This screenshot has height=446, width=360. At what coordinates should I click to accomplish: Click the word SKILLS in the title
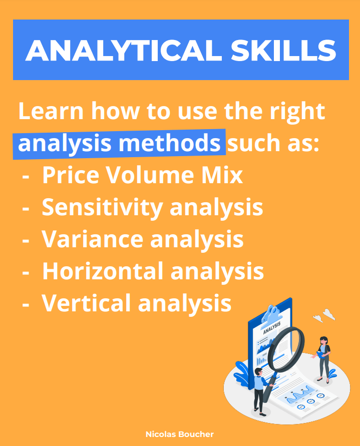click(283, 50)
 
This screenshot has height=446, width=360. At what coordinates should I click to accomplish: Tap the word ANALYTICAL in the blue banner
click(124, 50)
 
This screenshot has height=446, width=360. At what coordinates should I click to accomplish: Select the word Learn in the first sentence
click(51, 111)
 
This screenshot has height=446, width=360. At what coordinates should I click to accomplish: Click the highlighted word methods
click(169, 143)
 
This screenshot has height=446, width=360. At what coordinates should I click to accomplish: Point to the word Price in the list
click(71, 175)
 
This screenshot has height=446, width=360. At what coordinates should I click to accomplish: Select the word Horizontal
click(103, 271)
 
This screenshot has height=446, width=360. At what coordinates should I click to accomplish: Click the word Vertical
click(87, 303)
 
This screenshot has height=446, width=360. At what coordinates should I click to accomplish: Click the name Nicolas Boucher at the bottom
click(180, 434)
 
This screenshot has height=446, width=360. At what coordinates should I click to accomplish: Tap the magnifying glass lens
click(286, 349)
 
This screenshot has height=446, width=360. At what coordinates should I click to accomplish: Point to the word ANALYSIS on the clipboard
click(272, 328)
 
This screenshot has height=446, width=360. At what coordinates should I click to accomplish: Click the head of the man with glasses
click(258, 371)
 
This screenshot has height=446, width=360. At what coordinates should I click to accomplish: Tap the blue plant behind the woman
click(332, 373)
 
